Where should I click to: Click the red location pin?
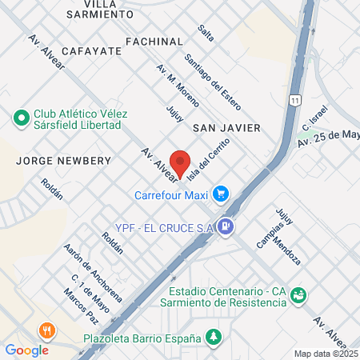181,162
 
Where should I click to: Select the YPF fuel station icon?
227,226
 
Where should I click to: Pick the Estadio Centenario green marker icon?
298,296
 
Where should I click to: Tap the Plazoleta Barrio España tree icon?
213,338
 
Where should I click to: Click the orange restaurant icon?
47,330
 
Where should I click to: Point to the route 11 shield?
296,100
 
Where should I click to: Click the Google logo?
26,350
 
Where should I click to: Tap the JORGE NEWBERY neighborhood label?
62,160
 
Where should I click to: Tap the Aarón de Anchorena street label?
94,273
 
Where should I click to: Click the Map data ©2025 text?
326,353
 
